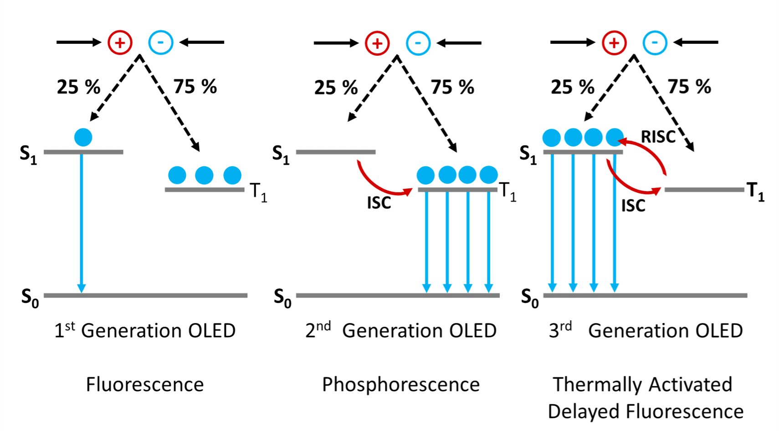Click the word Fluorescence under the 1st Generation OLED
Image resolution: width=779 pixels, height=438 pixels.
pyautogui.click(x=145, y=385)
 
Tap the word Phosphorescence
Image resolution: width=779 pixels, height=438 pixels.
pyautogui.click(x=401, y=385)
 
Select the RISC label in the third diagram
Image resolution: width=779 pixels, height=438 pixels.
pyautogui.click(x=658, y=137)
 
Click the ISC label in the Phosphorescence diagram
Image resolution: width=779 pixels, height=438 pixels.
pyautogui.click(x=379, y=203)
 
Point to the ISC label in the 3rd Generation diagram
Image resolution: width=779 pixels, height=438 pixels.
pyautogui.click(x=633, y=206)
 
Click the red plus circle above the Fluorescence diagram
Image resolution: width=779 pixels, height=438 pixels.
pyautogui.click(x=120, y=43)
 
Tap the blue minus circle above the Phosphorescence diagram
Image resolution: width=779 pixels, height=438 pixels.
pyautogui.click(x=418, y=43)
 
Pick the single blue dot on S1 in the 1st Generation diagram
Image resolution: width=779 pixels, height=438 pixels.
pyautogui.click(x=83, y=137)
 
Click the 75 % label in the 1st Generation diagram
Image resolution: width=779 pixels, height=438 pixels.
pyautogui.click(x=195, y=87)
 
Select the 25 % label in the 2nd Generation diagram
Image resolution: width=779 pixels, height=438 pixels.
pyautogui.click(x=336, y=88)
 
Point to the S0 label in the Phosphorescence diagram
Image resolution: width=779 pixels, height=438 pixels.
pyautogui.click(x=282, y=298)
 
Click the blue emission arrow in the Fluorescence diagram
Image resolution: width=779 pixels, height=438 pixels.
pyautogui.click(x=82, y=224)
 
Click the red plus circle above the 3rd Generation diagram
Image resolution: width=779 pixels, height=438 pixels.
pyautogui.click(x=614, y=43)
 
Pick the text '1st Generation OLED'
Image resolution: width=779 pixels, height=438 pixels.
pyautogui.click(x=145, y=330)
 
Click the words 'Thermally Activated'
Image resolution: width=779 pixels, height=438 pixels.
pyautogui.click(x=642, y=385)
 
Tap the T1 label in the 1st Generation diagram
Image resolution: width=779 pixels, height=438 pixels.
pyautogui.click(x=258, y=192)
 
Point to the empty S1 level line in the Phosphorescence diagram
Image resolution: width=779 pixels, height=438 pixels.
pyautogui.click(x=336, y=152)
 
